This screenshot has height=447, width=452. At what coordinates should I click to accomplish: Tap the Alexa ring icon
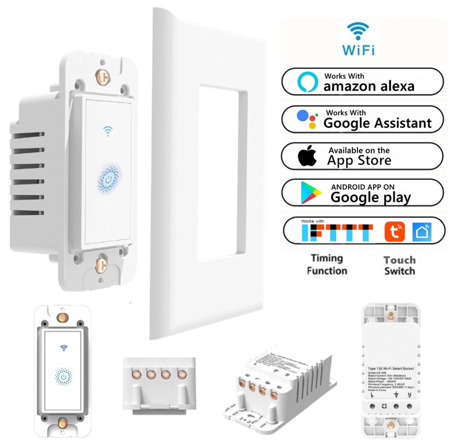[308, 82]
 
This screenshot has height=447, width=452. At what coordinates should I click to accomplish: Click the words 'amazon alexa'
[369, 86]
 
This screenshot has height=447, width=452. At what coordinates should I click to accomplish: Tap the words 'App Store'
[359, 161]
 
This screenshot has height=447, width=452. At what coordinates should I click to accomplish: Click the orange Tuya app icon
[395, 232]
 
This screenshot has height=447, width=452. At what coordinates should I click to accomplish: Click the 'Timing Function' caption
[327, 264]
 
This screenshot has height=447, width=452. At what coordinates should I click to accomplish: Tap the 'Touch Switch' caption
[399, 265]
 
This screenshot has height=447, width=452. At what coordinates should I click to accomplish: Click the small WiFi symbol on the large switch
[107, 131]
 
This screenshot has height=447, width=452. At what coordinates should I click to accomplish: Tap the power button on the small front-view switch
[64, 376]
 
